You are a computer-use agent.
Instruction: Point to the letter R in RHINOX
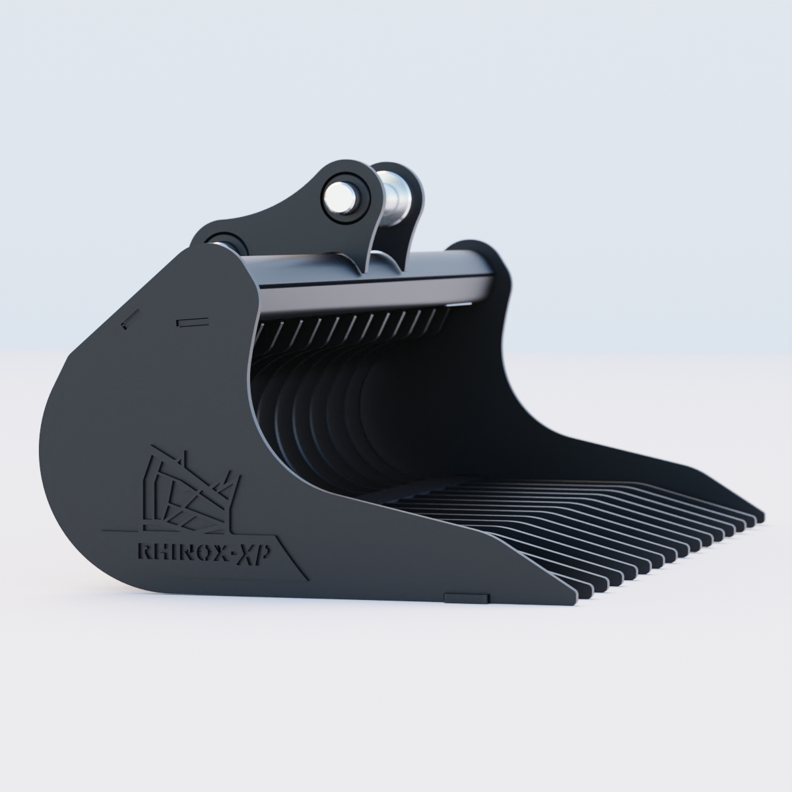click(x=143, y=552)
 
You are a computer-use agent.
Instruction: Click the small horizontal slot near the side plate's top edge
click(x=192, y=322)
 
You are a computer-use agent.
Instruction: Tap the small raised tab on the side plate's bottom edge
click(x=467, y=597)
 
